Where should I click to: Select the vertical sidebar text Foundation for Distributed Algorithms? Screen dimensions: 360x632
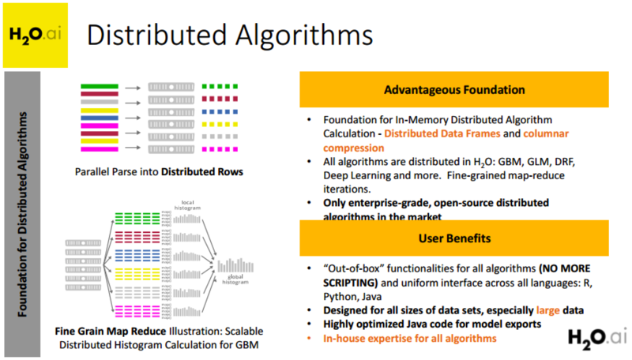(25, 213)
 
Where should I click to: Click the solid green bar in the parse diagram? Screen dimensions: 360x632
(99, 84)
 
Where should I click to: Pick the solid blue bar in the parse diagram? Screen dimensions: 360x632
(99, 111)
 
